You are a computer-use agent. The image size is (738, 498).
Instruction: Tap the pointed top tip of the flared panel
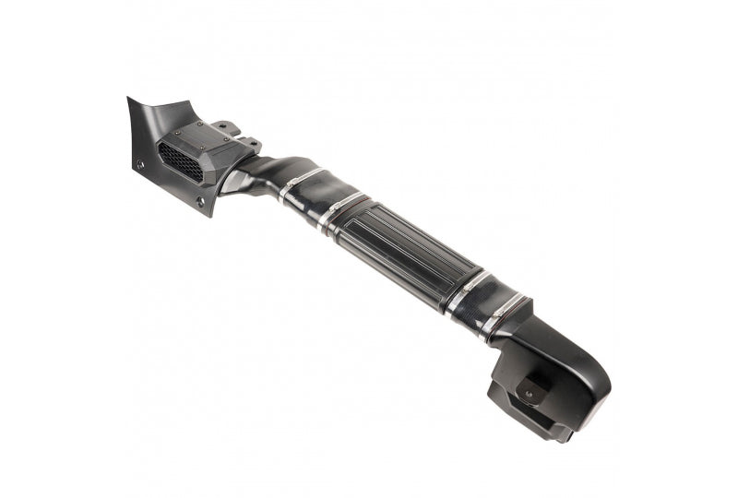click(130, 100)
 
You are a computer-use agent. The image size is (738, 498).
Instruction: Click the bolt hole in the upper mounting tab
click(223, 126)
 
